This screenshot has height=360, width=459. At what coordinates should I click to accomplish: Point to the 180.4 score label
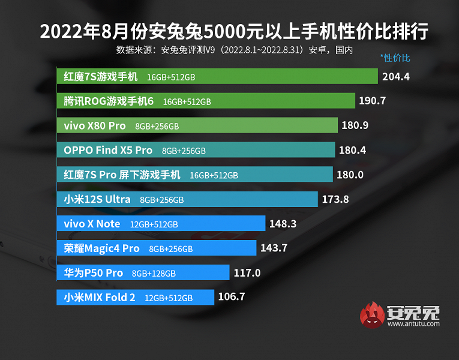pyautogui.click(x=353, y=150)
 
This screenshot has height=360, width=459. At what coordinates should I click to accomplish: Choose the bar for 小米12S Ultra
pyautogui.click(x=187, y=199)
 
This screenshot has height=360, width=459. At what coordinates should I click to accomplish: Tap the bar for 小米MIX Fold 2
pyautogui.click(x=135, y=297)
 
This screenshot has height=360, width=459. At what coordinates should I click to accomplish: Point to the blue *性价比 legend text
pyautogui.click(x=395, y=58)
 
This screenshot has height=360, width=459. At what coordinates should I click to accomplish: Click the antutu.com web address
pyautogui.click(x=413, y=324)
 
